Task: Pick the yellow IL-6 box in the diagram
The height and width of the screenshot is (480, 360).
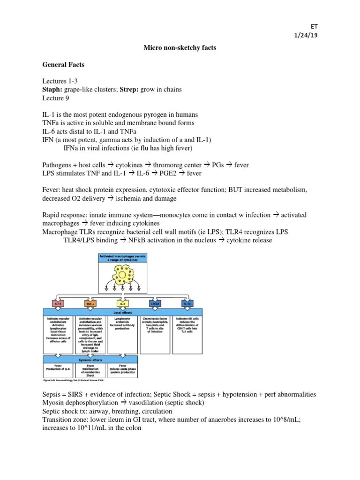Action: tap(122, 304)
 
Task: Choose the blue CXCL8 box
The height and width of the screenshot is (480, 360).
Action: tap(155, 304)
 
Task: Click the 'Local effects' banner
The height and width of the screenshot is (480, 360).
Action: tap(122, 312)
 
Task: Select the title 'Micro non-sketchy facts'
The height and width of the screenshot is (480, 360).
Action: tap(180, 48)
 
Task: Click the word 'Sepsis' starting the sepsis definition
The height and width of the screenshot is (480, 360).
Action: tap(52, 395)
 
